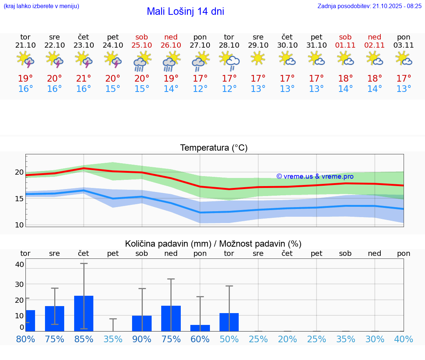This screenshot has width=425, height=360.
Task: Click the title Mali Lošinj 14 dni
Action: [185, 11]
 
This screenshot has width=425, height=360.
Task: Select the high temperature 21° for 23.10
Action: [84, 79]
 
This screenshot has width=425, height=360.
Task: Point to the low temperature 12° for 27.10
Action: [200, 89]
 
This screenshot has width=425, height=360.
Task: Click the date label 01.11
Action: [345, 45]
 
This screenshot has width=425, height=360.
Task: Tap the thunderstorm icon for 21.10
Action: [25, 59]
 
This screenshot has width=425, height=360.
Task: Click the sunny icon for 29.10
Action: [258, 58]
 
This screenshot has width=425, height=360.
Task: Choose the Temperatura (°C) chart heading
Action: [214, 148]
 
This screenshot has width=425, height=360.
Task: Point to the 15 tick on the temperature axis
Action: [19, 199]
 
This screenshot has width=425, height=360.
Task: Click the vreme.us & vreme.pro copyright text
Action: [315, 176]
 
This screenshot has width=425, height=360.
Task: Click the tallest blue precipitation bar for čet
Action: [84, 313]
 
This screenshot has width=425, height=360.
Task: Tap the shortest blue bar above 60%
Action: [200, 328]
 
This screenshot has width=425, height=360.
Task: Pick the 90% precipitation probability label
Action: [142, 339]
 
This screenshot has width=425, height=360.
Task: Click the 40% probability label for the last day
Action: [404, 339]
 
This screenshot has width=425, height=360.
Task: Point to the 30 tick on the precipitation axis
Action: [19, 284]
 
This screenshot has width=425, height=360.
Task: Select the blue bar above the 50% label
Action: [229, 322]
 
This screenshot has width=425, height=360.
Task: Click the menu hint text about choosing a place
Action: [41, 6]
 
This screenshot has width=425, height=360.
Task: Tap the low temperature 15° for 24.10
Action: [113, 89]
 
